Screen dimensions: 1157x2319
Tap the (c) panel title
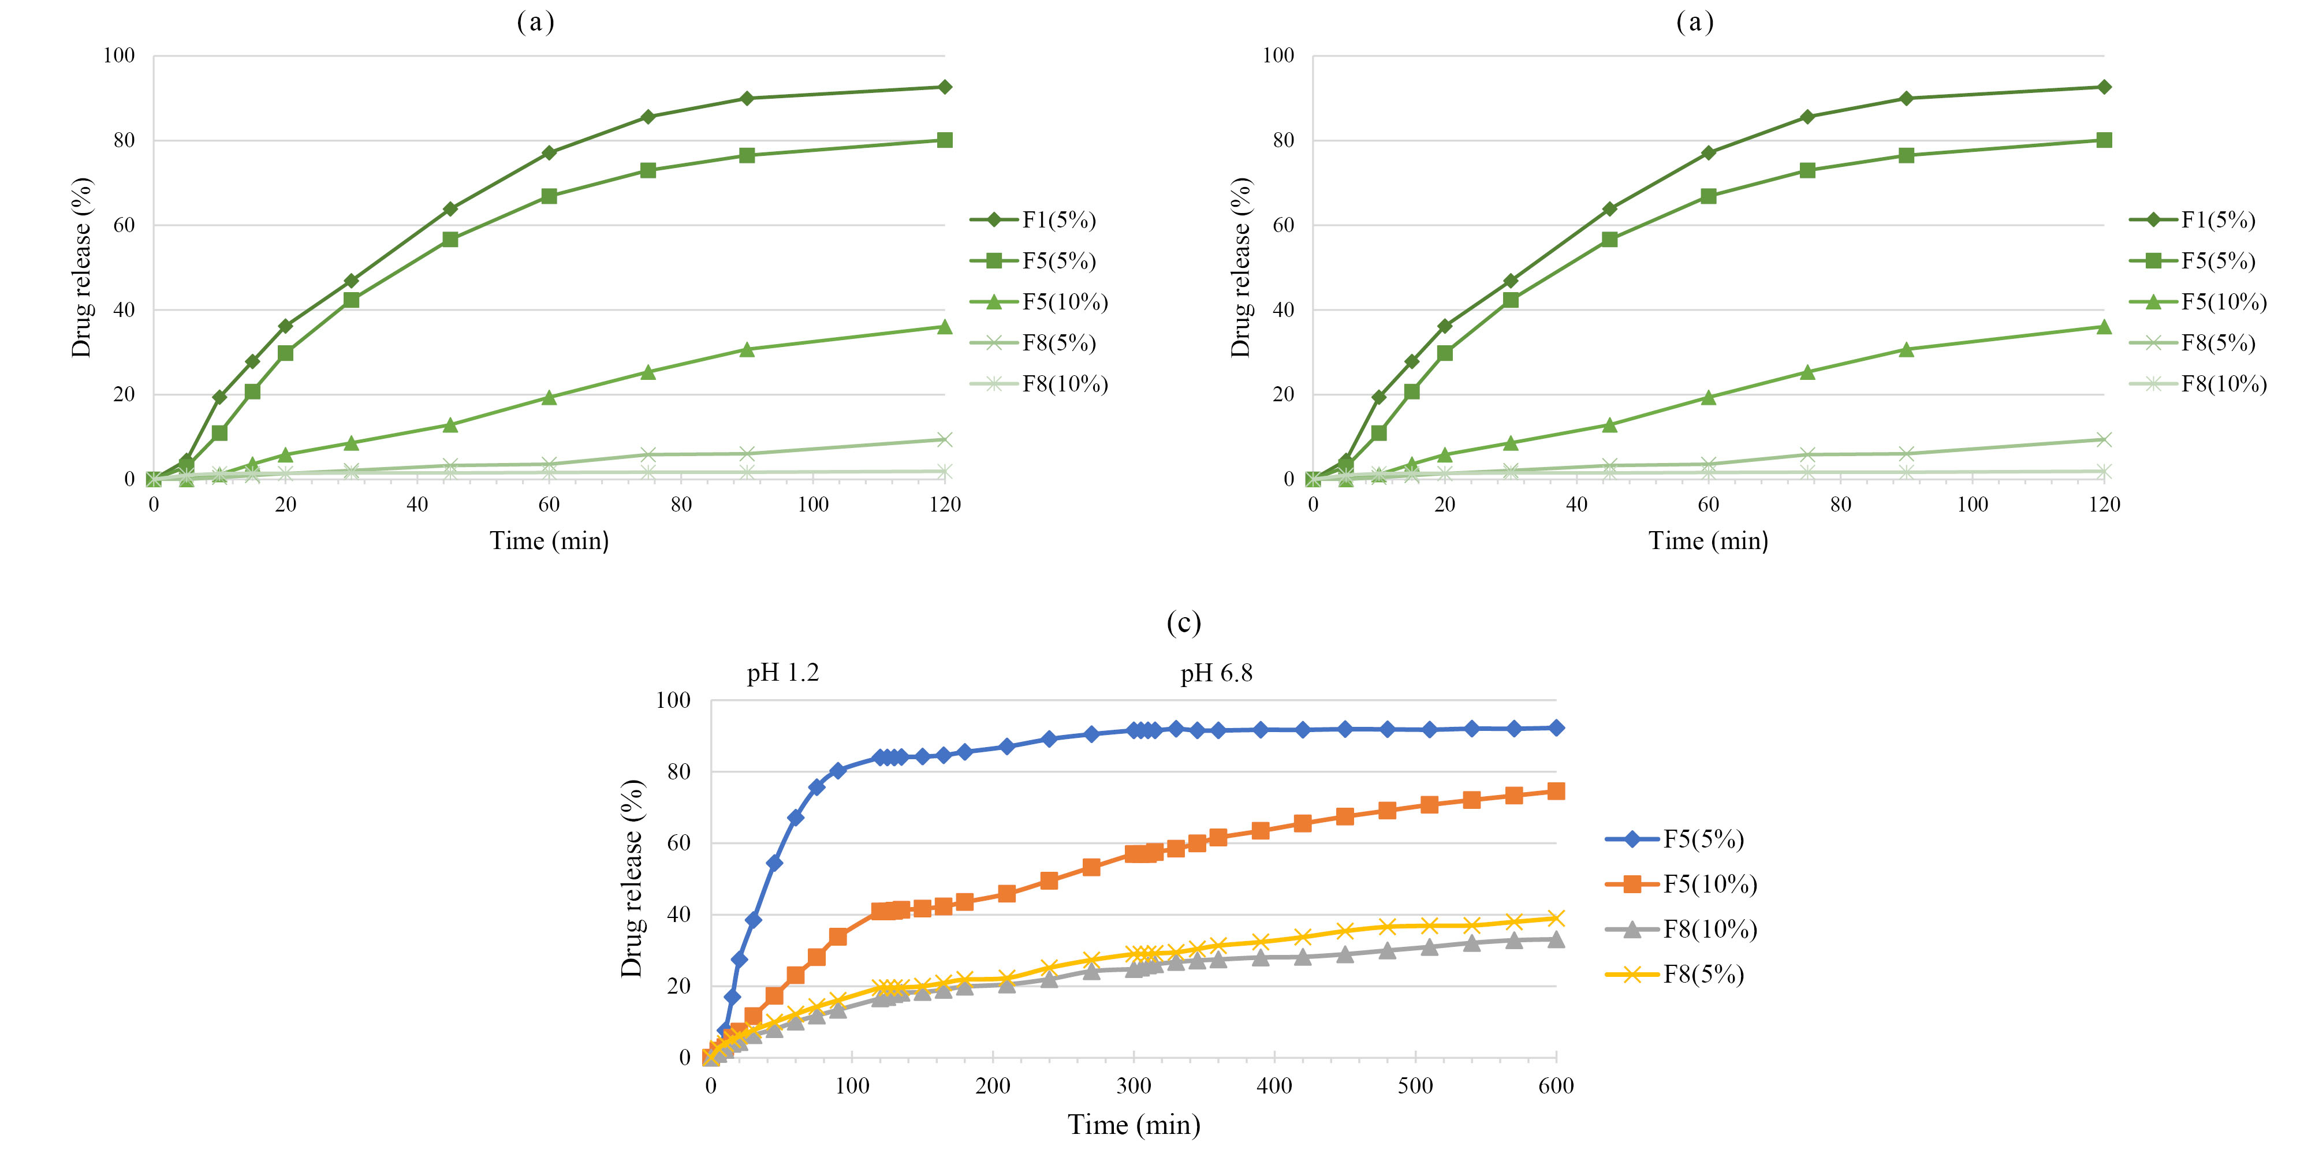(1183, 623)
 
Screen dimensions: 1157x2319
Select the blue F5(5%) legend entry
(1675, 839)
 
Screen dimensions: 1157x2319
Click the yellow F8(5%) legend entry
(1675, 974)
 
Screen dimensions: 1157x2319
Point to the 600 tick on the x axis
(1556, 1086)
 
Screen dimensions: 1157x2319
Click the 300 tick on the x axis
(1134, 1086)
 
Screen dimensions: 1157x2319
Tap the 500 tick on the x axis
(1415, 1086)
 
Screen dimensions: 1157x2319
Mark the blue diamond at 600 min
(1556, 727)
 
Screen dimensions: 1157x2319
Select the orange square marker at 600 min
(1556, 792)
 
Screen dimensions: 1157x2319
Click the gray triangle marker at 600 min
(1556, 939)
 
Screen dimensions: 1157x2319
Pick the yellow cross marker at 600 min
(1556, 919)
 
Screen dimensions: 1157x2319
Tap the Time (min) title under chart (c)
(1134, 1125)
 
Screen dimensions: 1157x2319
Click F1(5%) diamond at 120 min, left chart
(944, 87)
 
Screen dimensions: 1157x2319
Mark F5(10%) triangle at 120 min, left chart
(944, 327)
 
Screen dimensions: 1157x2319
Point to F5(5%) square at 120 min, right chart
(2104, 140)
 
